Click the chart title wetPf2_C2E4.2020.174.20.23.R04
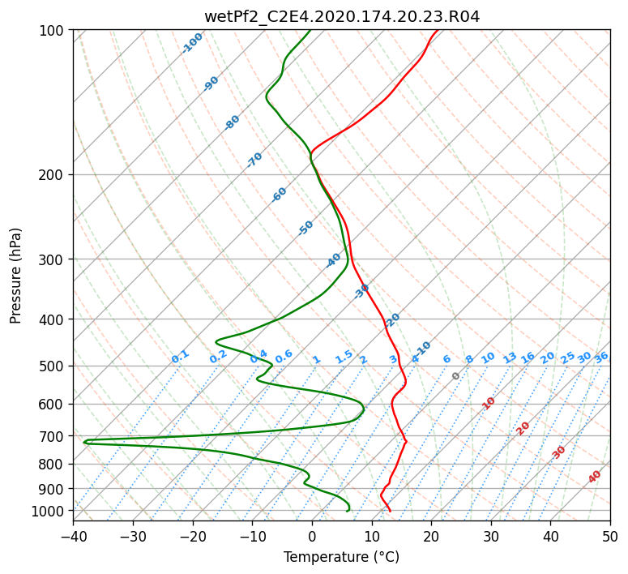coord(342,16)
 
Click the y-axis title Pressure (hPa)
coord(15,276)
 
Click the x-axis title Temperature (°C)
coord(342,557)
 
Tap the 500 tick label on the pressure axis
coord(54,366)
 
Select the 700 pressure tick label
coord(54,435)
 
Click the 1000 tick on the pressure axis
coord(50,510)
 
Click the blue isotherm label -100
coord(192,43)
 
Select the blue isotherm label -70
coord(254,160)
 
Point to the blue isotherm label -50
coord(305,228)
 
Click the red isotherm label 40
coord(594,477)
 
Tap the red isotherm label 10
coord(489,404)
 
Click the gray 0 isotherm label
coord(455,376)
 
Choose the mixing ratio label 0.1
coord(180,357)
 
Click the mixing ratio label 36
coord(601,358)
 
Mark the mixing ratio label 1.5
coord(344,357)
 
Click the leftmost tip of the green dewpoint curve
coord(83,442)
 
